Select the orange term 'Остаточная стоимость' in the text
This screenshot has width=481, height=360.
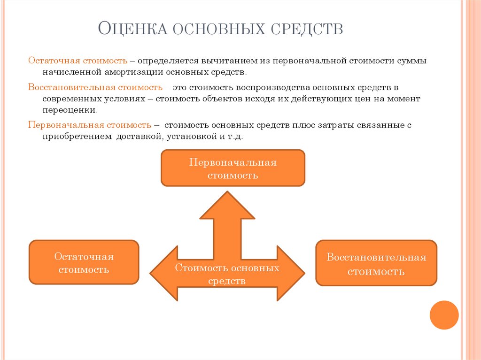[x=78, y=61]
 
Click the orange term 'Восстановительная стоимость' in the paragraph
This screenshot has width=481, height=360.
[x=95, y=88]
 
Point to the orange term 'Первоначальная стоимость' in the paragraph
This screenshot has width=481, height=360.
[x=89, y=125]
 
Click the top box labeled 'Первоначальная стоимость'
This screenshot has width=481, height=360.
[x=233, y=168]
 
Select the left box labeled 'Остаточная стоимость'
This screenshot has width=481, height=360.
[x=84, y=262]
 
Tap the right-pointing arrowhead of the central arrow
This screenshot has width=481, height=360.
[x=292, y=273]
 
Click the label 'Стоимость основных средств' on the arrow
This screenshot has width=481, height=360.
[x=227, y=274]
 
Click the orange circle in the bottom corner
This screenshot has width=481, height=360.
[x=444, y=315]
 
